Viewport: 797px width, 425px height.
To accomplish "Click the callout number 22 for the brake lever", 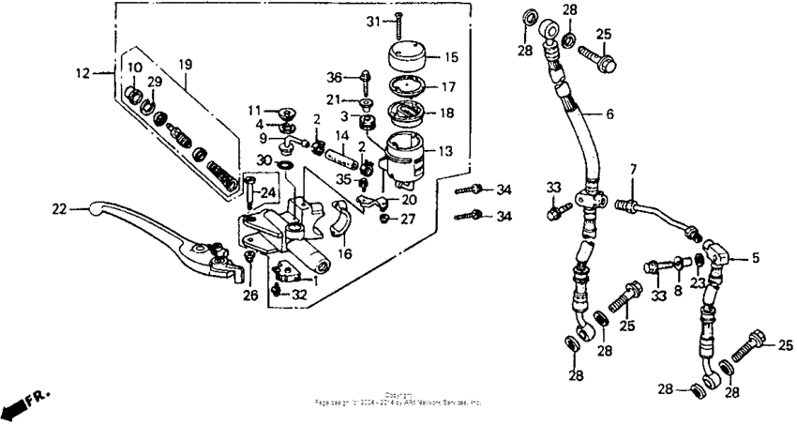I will [59, 209].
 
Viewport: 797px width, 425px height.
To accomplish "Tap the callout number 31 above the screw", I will [371, 21].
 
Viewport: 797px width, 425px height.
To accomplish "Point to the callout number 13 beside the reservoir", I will [444, 149].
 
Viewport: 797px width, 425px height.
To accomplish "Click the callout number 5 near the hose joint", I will [757, 255].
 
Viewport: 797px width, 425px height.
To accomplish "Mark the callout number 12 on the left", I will [82, 71].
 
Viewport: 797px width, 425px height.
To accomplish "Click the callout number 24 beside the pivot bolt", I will [267, 192].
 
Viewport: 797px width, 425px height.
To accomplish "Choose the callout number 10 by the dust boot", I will [133, 68].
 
